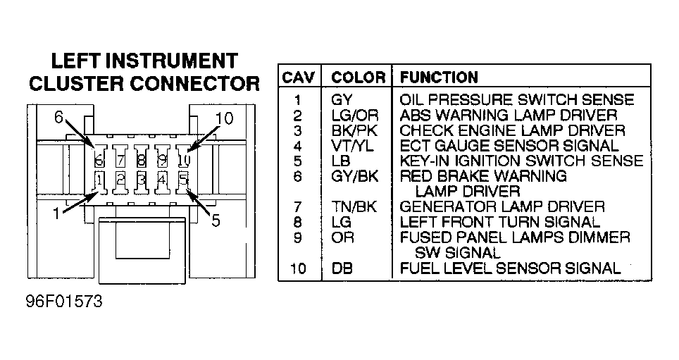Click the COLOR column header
(x=358, y=77)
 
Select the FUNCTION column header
(x=439, y=77)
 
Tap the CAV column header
(x=299, y=77)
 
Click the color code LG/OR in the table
(x=355, y=116)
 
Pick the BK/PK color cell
(x=355, y=130)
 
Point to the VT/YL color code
(x=352, y=146)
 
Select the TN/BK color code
(x=354, y=206)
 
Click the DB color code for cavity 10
(x=342, y=268)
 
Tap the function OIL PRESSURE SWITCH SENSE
(x=516, y=100)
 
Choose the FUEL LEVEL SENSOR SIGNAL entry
(x=510, y=268)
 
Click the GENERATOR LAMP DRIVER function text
(x=502, y=206)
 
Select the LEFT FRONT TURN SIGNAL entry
(x=499, y=222)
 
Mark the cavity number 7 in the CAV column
(x=297, y=207)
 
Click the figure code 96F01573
(x=65, y=302)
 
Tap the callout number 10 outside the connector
(x=224, y=118)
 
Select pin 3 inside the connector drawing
(x=141, y=179)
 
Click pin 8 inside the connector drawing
(x=141, y=161)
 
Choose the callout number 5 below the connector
(x=216, y=221)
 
